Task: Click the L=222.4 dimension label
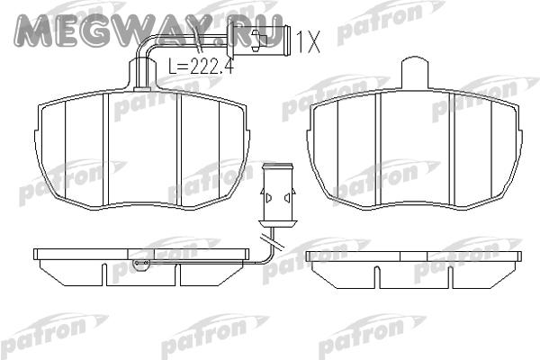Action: click(x=201, y=67)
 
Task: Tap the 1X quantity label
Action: click(x=308, y=41)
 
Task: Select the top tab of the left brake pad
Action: click(x=142, y=74)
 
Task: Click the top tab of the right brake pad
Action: click(x=415, y=73)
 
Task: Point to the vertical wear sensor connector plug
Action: click(x=278, y=195)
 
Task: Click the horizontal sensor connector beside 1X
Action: click(x=257, y=37)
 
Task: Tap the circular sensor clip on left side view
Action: click(x=141, y=264)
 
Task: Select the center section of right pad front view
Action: click(x=415, y=148)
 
